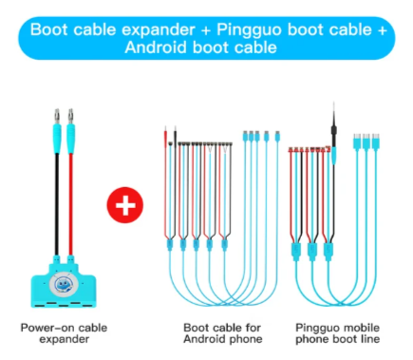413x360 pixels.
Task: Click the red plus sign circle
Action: pyautogui.click(x=125, y=205)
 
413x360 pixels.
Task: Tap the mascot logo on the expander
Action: pyautogui.click(x=63, y=284)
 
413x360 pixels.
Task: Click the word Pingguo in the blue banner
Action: pyautogui.click(x=249, y=30)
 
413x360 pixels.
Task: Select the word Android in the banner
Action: pyautogui.click(x=156, y=47)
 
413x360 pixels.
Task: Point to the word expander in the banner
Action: pyautogui.click(x=159, y=30)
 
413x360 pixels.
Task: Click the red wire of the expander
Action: pyautogui.click(x=71, y=204)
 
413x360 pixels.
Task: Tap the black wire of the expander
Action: pyautogui.click(x=57, y=204)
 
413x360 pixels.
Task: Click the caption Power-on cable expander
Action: pyautogui.click(x=64, y=333)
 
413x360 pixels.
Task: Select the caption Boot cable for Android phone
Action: pyautogui.click(x=223, y=333)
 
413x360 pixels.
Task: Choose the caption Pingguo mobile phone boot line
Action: pyautogui.click(x=337, y=333)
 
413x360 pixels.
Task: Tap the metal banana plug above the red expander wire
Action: pyautogui.click(x=70, y=116)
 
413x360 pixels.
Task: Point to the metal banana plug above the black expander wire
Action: pyautogui.click(x=57, y=116)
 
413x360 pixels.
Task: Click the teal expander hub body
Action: pyautogui.click(x=64, y=285)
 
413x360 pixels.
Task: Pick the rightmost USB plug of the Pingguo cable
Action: pyautogui.click(x=376, y=142)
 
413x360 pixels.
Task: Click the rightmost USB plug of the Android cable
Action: pyautogui.click(x=277, y=137)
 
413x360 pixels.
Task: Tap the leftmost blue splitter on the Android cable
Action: pyautogui.click(x=170, y=245)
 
